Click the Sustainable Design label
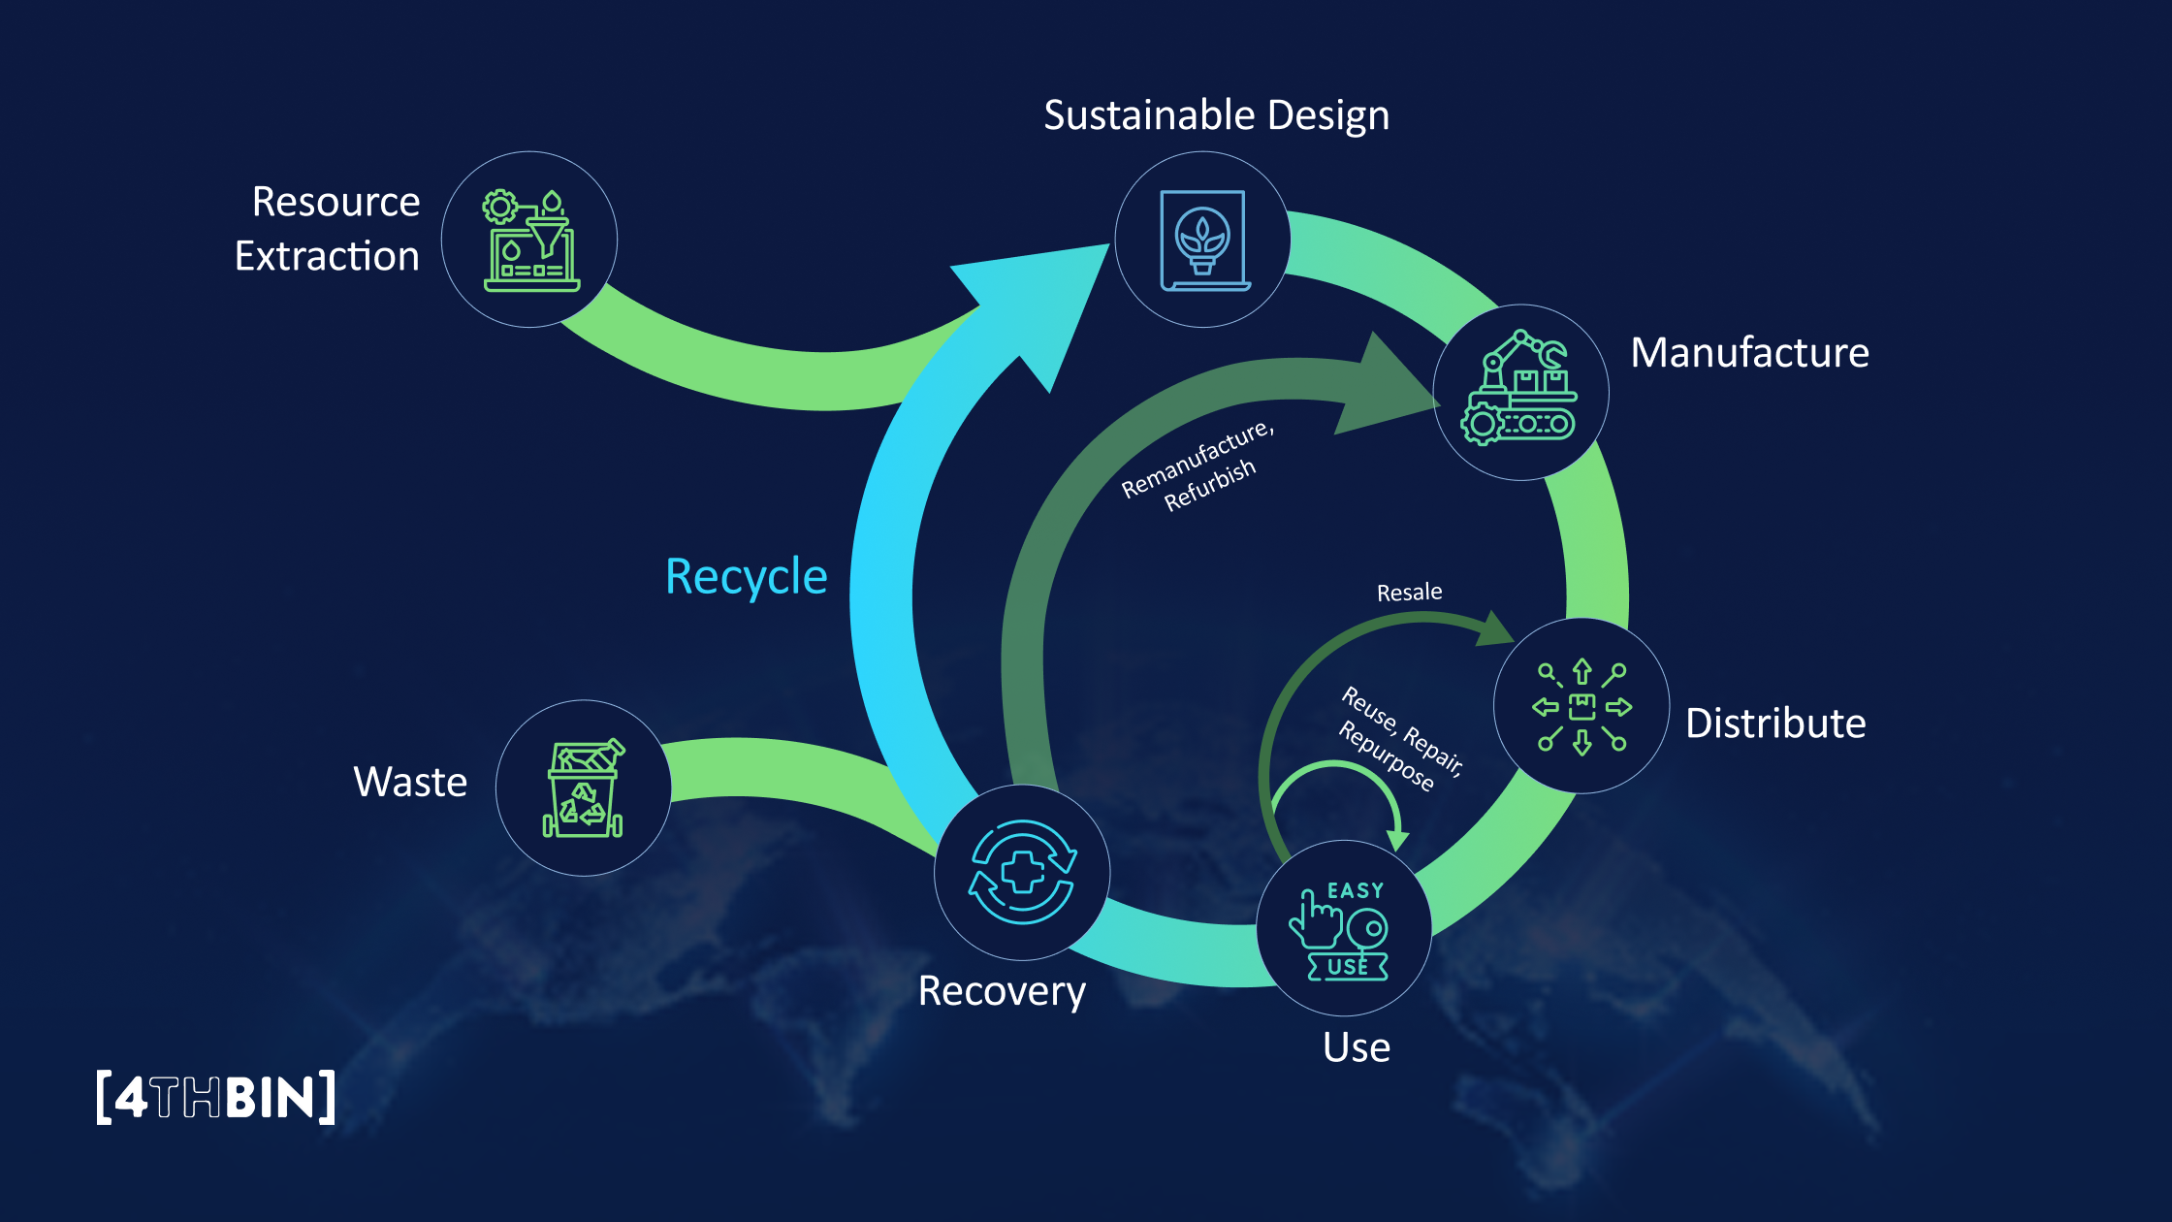tap(1216, 115)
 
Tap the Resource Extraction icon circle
tap(529, 240)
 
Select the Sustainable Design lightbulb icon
tap(1202, 240)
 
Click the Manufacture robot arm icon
tap(1519, 391)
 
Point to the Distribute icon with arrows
tap(1581, 706)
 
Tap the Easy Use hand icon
tap(1344, 928)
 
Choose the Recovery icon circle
tap(1022, 872)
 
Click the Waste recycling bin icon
tap(583, 788)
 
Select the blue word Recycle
tap(747, 577)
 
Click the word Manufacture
tap(1749, 353)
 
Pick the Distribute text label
tap(1775, 724)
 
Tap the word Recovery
tap(1002, 991)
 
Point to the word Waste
tap(410, 782)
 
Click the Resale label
tap(1409, 593)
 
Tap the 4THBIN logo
tap(216, 1097)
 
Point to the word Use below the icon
tap(1356, 1048)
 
